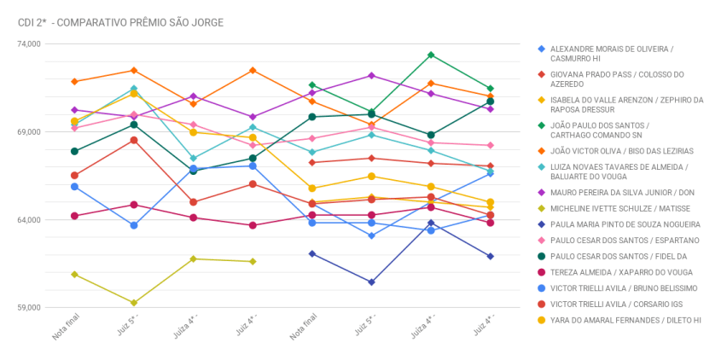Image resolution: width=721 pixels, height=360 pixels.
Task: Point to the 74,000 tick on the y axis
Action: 29,44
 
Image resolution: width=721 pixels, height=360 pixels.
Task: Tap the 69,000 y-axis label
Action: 29,132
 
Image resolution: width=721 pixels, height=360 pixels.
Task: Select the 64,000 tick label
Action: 29,220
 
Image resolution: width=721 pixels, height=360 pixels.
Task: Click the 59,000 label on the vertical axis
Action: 29,308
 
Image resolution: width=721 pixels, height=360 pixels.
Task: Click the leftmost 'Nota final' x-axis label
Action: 66,327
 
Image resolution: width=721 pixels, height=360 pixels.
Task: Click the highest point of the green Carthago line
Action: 431,55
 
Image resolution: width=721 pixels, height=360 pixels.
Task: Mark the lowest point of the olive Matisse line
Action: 134,303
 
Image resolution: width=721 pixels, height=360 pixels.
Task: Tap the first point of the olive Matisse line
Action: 75,274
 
